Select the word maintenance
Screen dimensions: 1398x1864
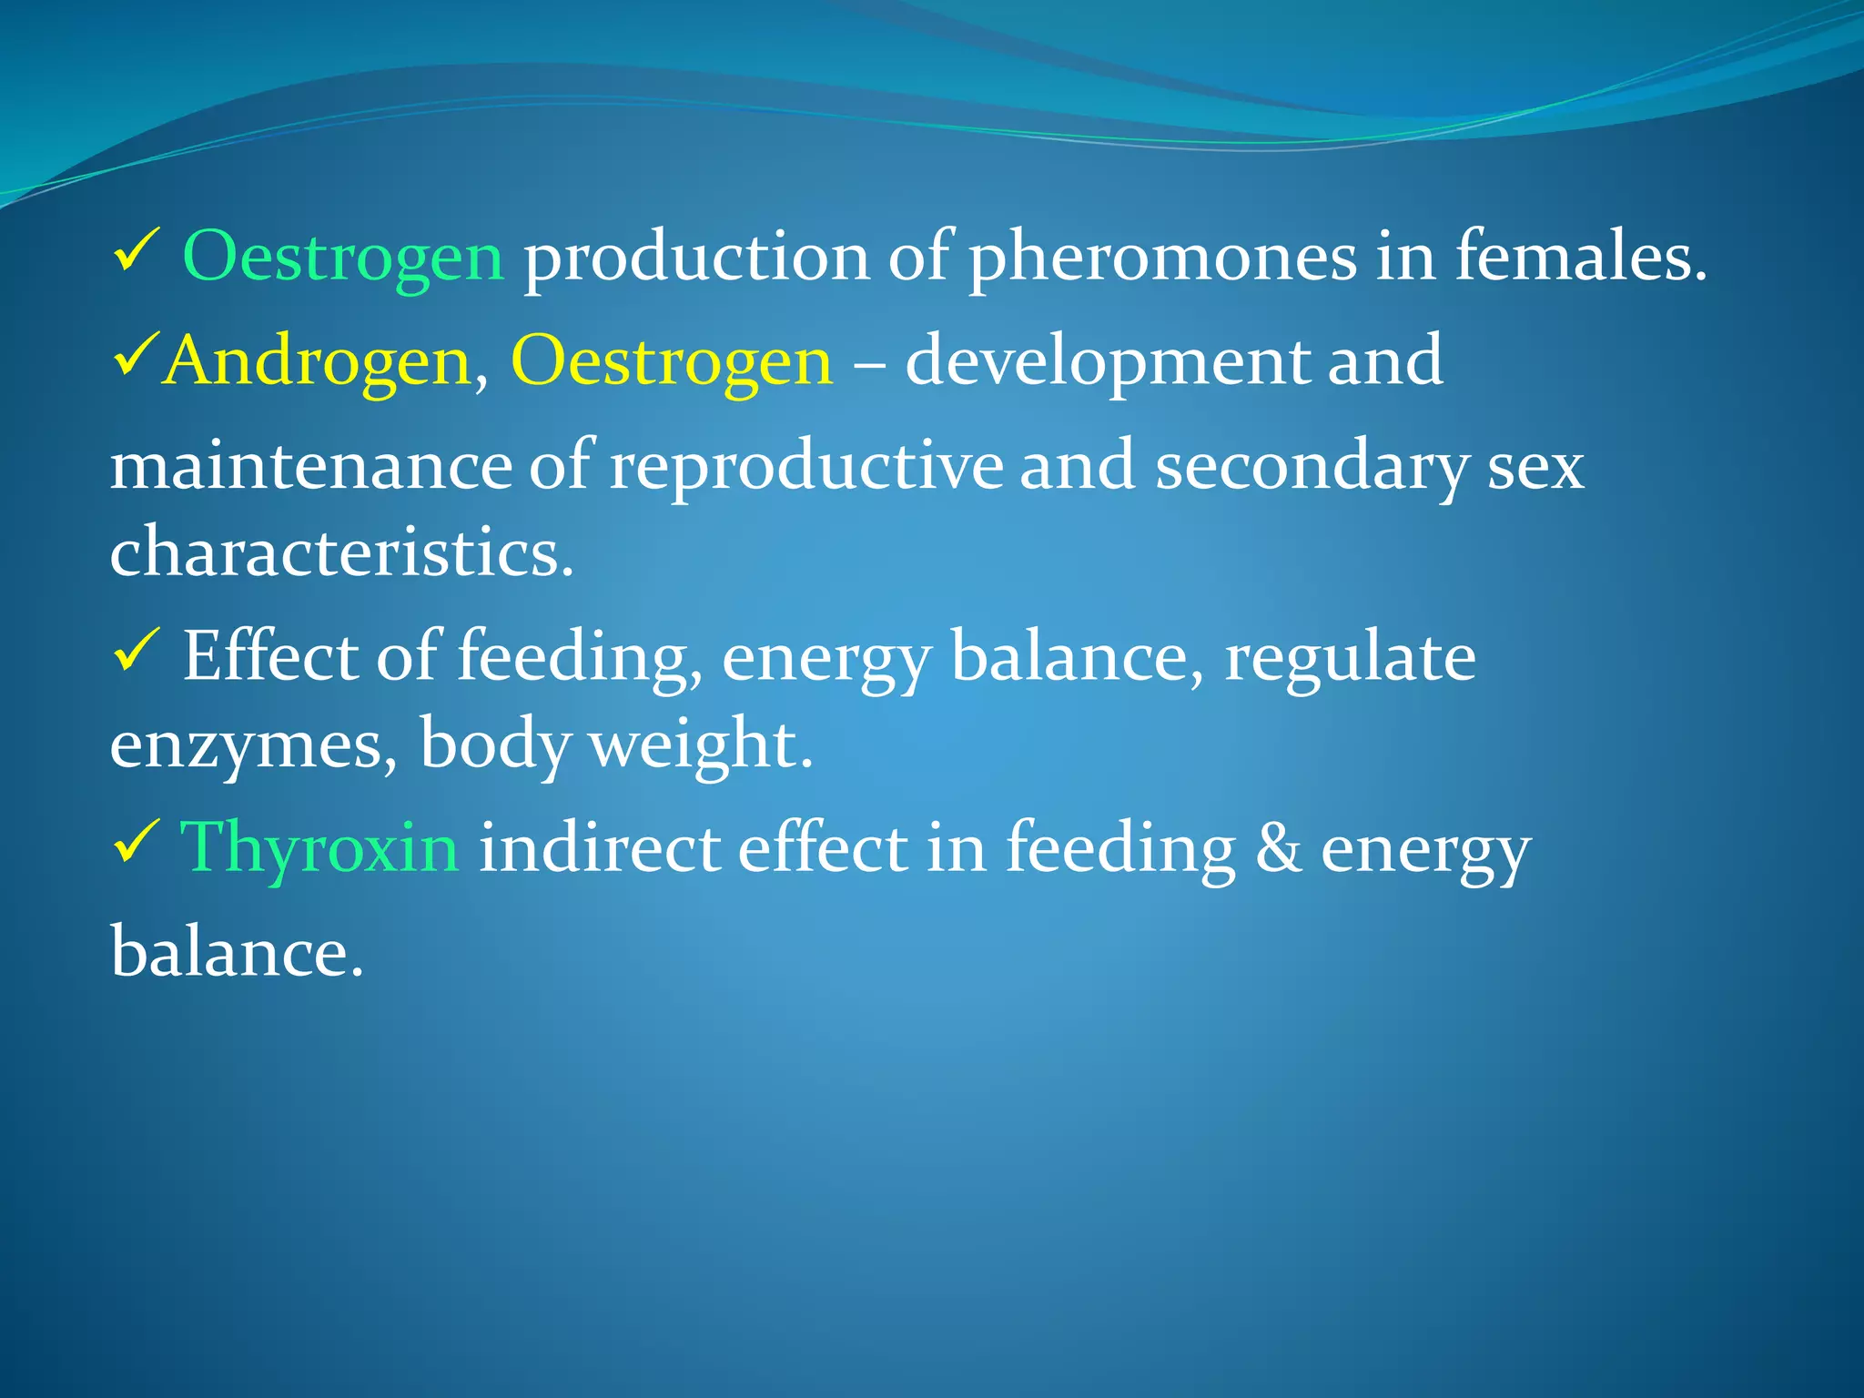coord(310,466)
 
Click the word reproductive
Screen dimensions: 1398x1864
coord(805,466)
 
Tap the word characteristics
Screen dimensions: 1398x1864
coord(341,552)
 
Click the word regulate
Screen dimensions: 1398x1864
coord(1350,658)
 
